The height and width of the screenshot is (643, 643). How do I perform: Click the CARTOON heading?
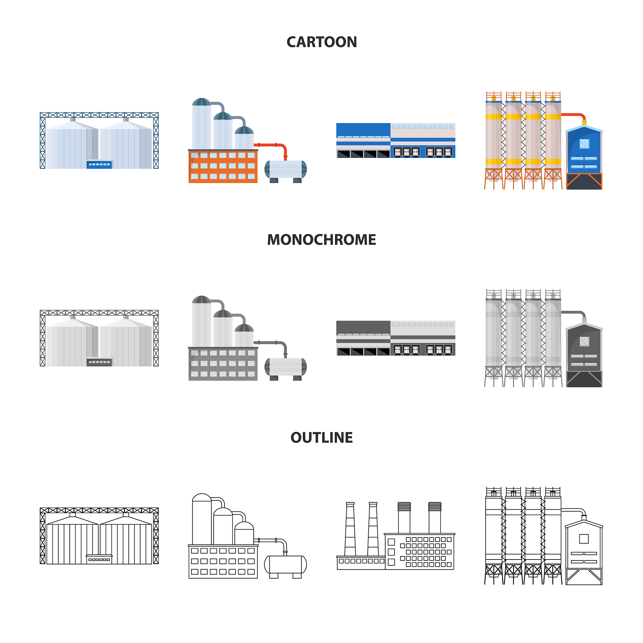click(321, 42)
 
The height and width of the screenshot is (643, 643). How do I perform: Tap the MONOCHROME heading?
click(321, 240)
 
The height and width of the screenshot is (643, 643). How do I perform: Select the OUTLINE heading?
click(321, 438)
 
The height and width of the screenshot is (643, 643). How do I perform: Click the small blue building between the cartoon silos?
click(99, 165)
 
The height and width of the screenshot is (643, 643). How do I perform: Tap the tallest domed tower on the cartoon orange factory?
click(201, 125)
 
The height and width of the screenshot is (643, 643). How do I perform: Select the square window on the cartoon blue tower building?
click(584, 144)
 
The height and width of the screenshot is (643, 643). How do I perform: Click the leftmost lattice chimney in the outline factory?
click(350, 529)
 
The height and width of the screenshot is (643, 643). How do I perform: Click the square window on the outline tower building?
click(584, 539)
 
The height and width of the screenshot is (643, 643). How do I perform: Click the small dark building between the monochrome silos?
click(99, 362)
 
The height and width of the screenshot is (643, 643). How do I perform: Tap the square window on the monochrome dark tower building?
click(584, 342)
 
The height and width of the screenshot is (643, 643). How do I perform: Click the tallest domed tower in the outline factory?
click(202, 519)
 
